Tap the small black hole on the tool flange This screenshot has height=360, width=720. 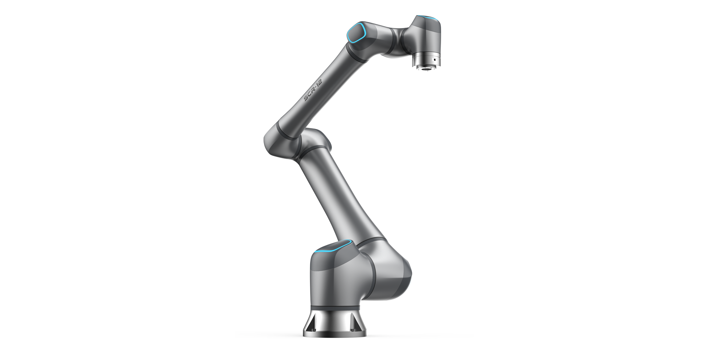pyautogui.click(x=435, y=60)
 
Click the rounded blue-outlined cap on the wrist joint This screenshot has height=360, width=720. pyautogui.click(x=356, y=33)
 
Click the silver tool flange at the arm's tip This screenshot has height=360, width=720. pyautogui.click(x=426, y=61)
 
